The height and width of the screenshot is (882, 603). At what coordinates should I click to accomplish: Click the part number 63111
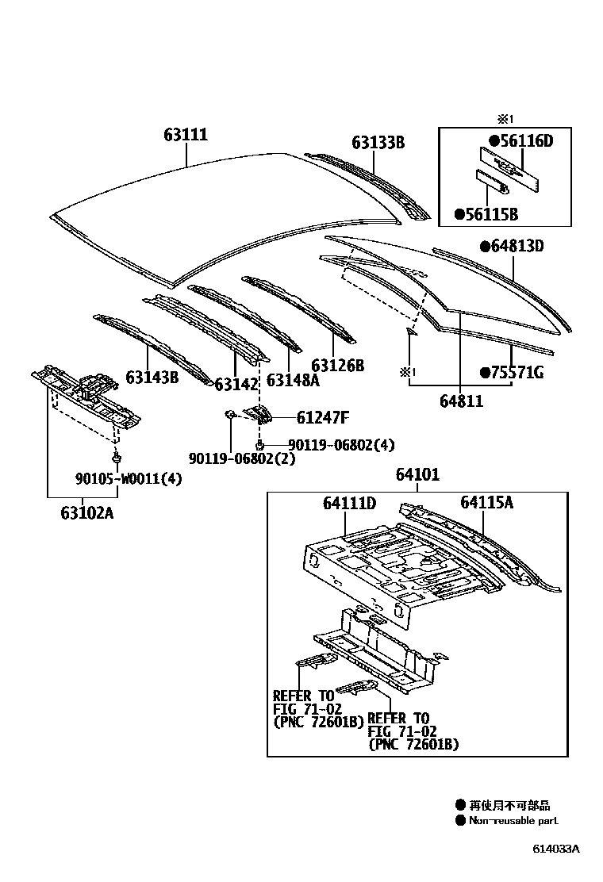(x=186, y=135)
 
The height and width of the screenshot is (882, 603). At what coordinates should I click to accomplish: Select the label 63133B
(x=378, y=143)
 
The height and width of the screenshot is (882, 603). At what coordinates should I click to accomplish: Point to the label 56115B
(x=486, y=214)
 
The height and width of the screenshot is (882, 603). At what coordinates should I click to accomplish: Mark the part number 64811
(x=461, y=402)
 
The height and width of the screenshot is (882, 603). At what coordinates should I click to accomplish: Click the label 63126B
(x=337, y=366)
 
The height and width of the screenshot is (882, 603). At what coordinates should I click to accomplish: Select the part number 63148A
(x=292, y=379)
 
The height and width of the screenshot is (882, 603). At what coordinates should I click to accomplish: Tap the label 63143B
(x=152, y=377)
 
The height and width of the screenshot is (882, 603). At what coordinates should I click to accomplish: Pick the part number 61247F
(x=323, y=417)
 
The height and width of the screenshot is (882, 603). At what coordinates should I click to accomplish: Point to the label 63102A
(x=86, y=512)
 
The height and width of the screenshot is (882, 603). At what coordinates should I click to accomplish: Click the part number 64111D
(x=349, y=503)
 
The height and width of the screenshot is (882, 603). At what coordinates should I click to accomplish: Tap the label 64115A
(x=487, y=502)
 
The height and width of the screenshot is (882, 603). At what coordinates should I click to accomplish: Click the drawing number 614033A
(x=555, y=848)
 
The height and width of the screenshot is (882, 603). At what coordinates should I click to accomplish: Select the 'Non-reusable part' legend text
(x=513, y=821)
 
